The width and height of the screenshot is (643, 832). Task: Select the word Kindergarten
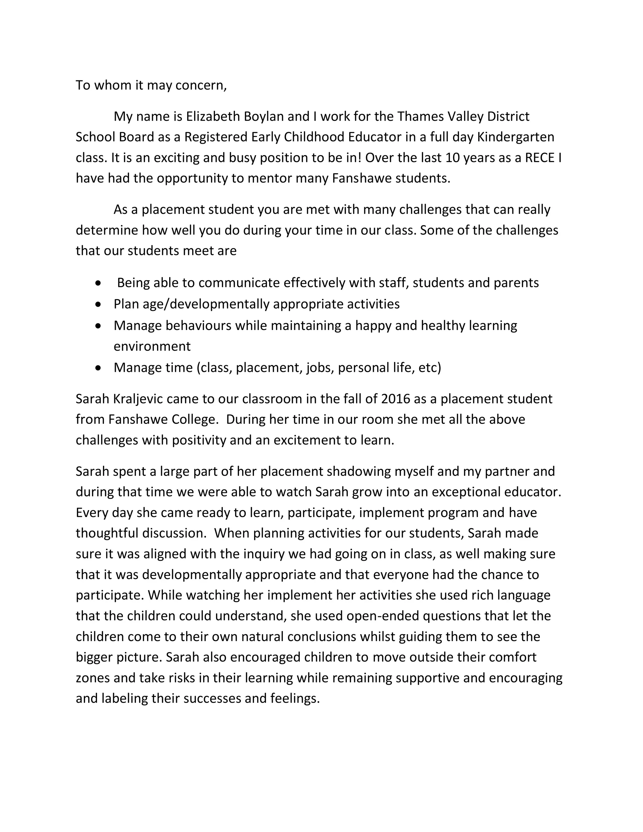pyautogui.click(x=516, y=137)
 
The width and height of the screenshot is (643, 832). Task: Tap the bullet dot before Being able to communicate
pyautogui.click(x=99, y=284)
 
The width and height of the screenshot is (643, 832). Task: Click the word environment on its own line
pyautogui.click(x=152, y=346)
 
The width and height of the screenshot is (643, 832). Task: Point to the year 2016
pyautogui.click(x=395, y=399)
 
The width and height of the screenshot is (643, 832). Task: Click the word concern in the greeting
pyautogui.click(x=201, y=85)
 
